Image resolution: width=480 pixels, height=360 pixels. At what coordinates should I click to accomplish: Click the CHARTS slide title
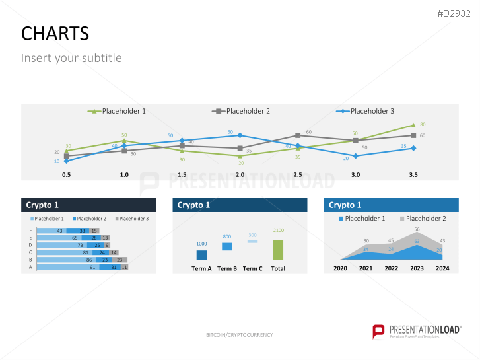point(55,33)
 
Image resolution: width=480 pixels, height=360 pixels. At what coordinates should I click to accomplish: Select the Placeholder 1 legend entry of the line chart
point(117,111)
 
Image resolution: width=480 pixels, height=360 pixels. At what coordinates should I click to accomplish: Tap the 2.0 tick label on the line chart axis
point(240,174)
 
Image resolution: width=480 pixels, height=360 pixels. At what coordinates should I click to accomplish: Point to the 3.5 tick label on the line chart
point(413,174)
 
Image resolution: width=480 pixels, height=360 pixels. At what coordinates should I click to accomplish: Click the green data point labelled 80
point(413,125)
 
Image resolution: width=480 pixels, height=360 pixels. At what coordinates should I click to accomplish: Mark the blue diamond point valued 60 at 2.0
point(240,135)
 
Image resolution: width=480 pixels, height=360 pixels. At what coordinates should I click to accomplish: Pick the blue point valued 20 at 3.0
point(355,156)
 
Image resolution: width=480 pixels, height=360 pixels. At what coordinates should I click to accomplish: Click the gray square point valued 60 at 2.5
point(298,135)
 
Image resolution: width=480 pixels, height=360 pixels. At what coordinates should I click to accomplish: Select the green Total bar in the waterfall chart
point(278,249)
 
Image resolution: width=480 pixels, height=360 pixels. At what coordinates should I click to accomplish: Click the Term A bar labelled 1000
point(201,254)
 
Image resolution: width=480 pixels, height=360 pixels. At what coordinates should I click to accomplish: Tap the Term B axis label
point(226,268)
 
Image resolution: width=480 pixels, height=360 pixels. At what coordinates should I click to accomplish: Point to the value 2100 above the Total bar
point(278,231)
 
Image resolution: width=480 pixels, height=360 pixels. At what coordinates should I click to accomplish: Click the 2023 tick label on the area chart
point(417,268)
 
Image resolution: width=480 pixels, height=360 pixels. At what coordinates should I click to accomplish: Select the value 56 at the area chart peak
point(417,229)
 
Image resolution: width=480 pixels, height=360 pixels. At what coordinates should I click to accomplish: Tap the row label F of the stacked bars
point(30,231)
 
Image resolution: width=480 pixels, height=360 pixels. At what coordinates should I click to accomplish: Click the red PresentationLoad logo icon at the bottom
point(378,331)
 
